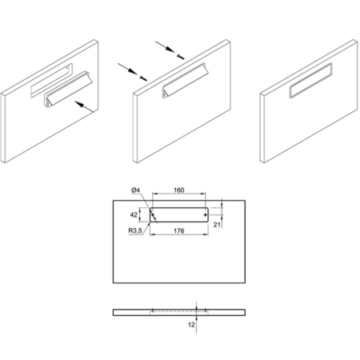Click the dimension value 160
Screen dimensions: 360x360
pyautogui.click(x=178, y=190)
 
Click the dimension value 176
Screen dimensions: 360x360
pyautogui.click(x=178, y=230)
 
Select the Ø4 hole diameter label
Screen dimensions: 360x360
pyautogui.click(x=136, y=190)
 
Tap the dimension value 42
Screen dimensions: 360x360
pyautogui.click(x=134, y=214)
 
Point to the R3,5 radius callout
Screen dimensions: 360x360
pyautogui.click(x=135, y=230)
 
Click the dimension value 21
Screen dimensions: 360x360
pyautogui.click(x=217, y=225)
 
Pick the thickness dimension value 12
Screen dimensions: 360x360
pyautogui.click(x=191, y=325)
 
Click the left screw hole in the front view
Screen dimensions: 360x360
pyautogui.click(x=153, y=214)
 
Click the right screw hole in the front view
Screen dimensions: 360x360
pyautogui.click(x=205, y=214)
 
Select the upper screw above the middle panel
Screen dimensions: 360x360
pyautogui.click(x=181, y=56)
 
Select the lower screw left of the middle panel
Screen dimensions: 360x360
pyautogui.click(x=143, y=78)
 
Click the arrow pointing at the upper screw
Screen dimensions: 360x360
pyautogui.click(x=165, y=46)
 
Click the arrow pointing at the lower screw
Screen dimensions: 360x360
pyautogui.click(x=127, y=69)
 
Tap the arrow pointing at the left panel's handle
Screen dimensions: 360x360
pyautogui.click(x=84, y=106)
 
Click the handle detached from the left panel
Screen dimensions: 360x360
pyautogui.click(x=68, y=90)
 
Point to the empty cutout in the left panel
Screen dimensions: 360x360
pyautogui.click(x=51, y=80)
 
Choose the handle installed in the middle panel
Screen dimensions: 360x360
pyautogui.click(x=184, y=80)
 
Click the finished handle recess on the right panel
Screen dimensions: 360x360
pyautogui.click(x=311, y=80)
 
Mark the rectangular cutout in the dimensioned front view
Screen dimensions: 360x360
pyautogui.click(x=179, y=214)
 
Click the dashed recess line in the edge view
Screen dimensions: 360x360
pyautogui.click(x=179, y=311)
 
